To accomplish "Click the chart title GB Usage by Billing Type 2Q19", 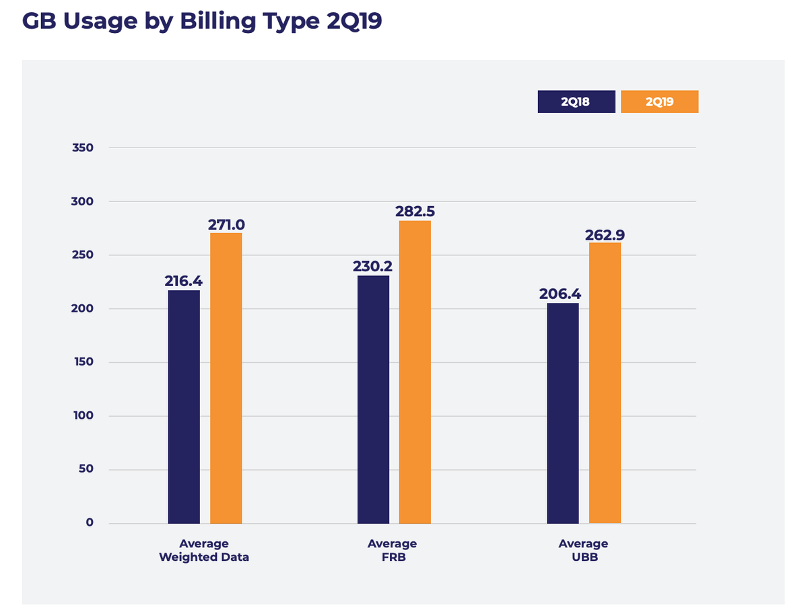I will (202, 21).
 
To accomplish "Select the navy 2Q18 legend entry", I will (576, 102).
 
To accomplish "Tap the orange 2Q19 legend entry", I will (659, 102).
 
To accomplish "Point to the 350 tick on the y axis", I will (83, 147).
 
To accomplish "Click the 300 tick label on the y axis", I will (83, 201).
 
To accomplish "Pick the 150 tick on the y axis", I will (83, 362).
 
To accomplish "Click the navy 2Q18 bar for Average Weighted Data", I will (184, 407).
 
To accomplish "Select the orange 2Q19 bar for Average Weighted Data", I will (226, 378).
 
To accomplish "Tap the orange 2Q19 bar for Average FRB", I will (415, 372).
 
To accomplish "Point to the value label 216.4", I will (183, 281).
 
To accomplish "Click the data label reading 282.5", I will (415, 211).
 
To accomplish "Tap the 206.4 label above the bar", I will (560, 294).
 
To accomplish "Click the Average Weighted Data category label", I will (204, 550).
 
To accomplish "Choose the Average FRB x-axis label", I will (393, 550).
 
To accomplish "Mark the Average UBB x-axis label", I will (583, 550).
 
